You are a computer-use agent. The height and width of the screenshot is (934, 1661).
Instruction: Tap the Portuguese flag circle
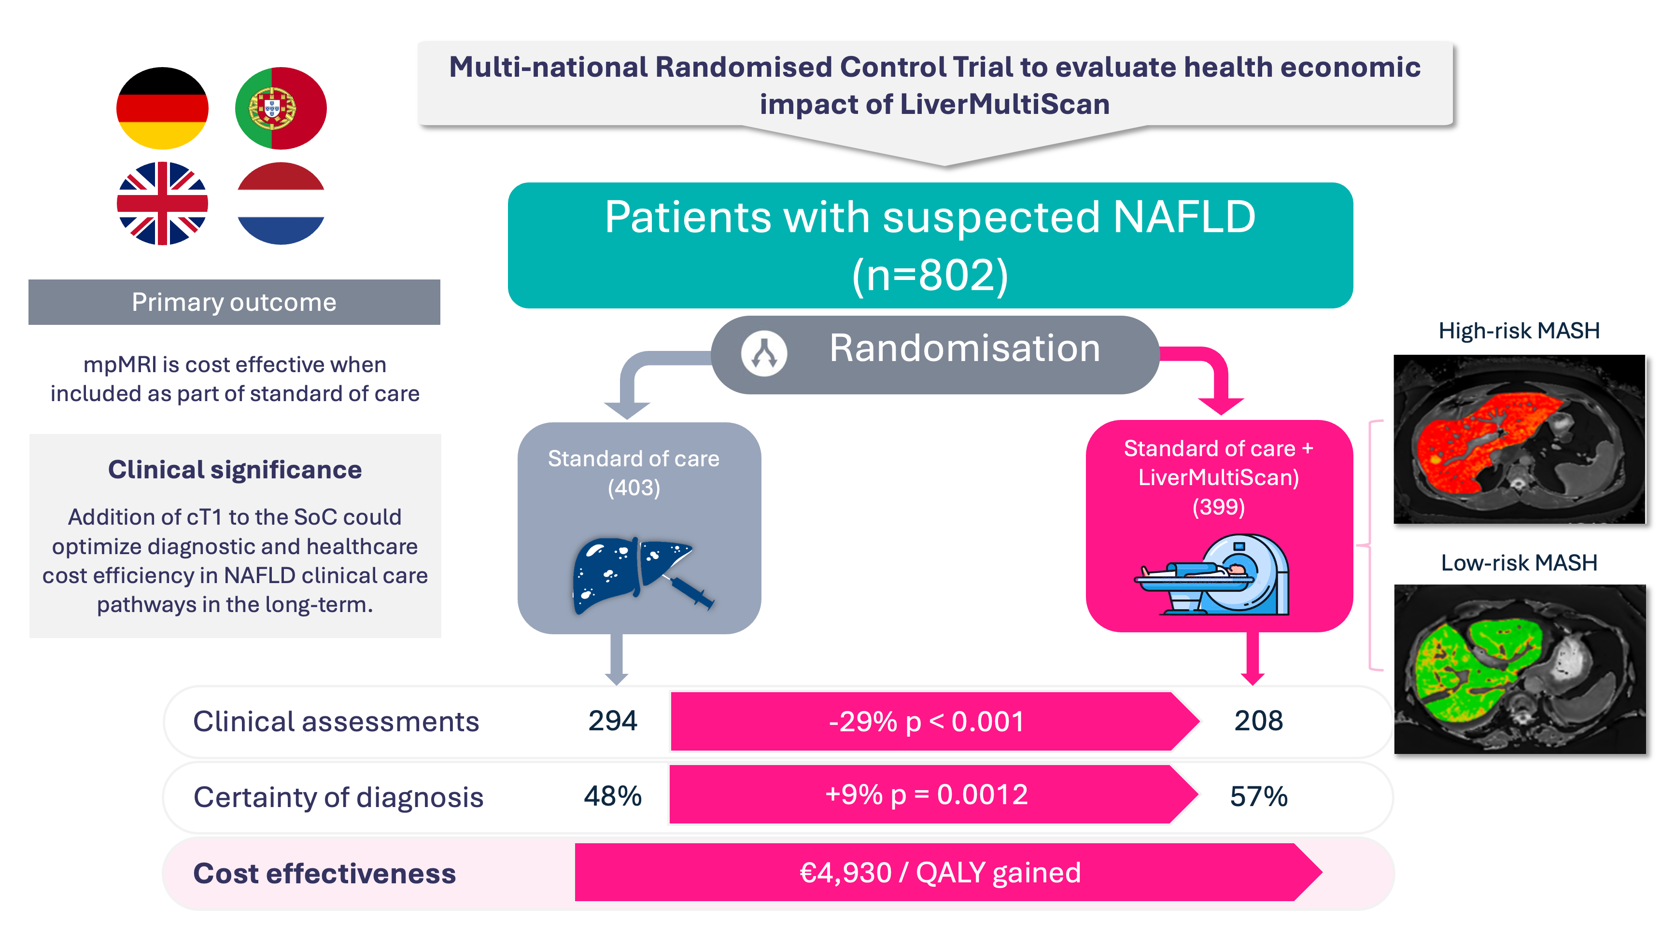[281, 108]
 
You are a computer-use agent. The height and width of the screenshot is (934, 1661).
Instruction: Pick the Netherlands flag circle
[281, 204]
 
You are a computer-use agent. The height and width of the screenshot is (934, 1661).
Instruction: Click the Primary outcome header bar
[234, 302]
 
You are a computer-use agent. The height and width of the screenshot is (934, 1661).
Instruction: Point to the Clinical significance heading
[235, 470]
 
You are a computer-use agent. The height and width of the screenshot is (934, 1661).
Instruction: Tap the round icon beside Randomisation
[764, 353]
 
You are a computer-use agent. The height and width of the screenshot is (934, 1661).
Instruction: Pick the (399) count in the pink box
[1218, 507]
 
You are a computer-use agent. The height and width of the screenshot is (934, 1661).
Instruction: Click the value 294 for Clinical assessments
[613, 721]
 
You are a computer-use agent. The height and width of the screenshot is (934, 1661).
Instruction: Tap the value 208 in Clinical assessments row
[1258, 721]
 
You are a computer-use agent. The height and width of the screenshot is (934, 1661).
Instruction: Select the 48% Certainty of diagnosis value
[613, 797]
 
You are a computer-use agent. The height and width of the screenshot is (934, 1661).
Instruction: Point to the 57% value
[1258, 797]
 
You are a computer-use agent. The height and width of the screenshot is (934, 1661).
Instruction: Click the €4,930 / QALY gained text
[940, 873]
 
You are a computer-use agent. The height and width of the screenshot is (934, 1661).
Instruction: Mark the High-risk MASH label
[1519, 331]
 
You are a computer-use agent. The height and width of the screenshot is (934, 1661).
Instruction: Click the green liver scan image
[1519, 669]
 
